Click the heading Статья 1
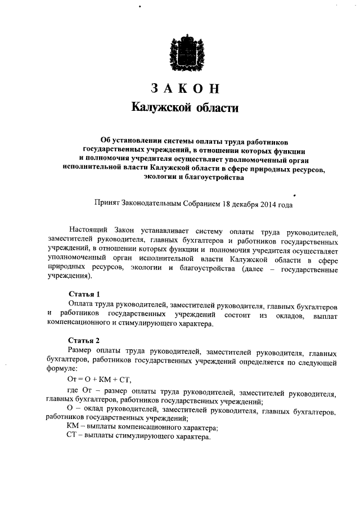coord(84,294)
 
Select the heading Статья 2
coord(84,341)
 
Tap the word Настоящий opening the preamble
coord(88,231)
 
